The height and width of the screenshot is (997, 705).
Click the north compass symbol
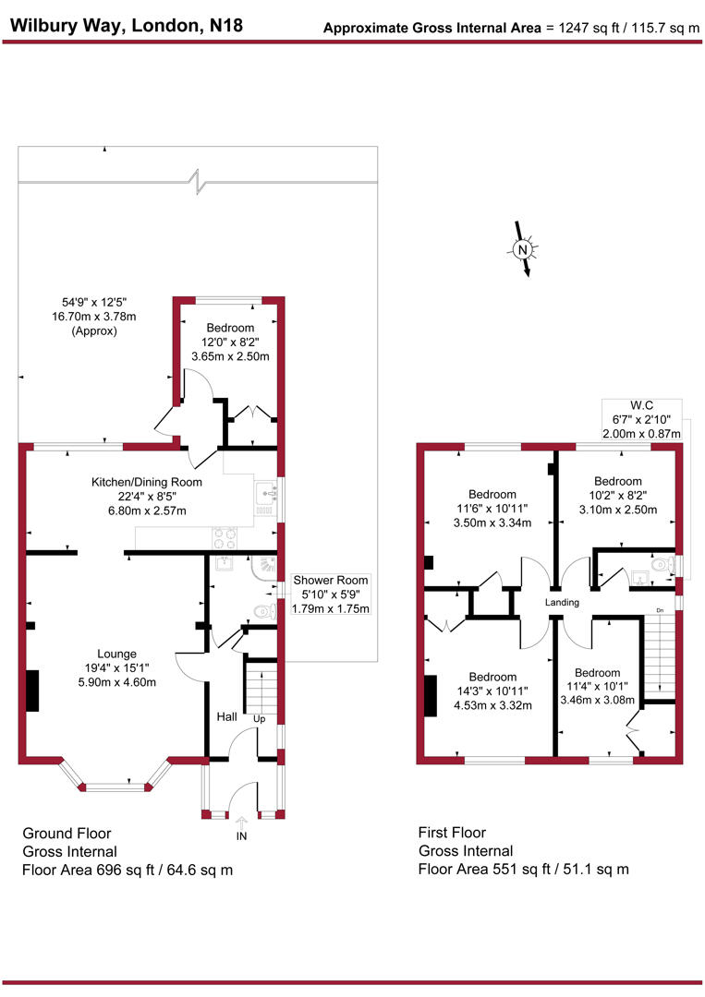[523, 249]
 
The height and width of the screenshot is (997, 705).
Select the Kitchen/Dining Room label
[146, 482]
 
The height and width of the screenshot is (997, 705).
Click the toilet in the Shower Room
[266, 611]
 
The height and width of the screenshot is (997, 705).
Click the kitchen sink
[266, 499]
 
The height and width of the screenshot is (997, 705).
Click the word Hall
[226, 716]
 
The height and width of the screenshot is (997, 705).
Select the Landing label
[562, 603]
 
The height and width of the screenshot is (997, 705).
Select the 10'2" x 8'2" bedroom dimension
[617, 496]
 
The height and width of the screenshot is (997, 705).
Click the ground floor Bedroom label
[229, 328]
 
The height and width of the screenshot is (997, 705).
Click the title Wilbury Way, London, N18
[127, 26]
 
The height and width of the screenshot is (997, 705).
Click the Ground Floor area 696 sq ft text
[128, 870]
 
